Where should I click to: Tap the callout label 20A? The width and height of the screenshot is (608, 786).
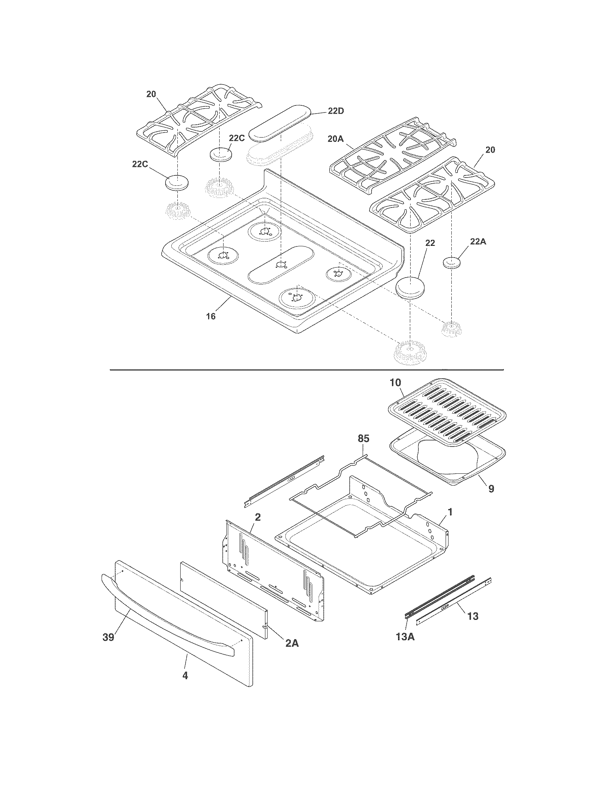(x=336, y=139)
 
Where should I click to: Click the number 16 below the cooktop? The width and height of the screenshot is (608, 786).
(x=211, y=316)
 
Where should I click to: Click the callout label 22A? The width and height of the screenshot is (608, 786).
(x=477, y=242)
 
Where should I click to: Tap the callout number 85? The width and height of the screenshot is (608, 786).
(x=363, y=439)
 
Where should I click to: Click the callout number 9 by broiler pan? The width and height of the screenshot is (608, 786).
(x=491, y=488)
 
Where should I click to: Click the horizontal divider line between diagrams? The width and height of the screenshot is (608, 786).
(x=306, y=370)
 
